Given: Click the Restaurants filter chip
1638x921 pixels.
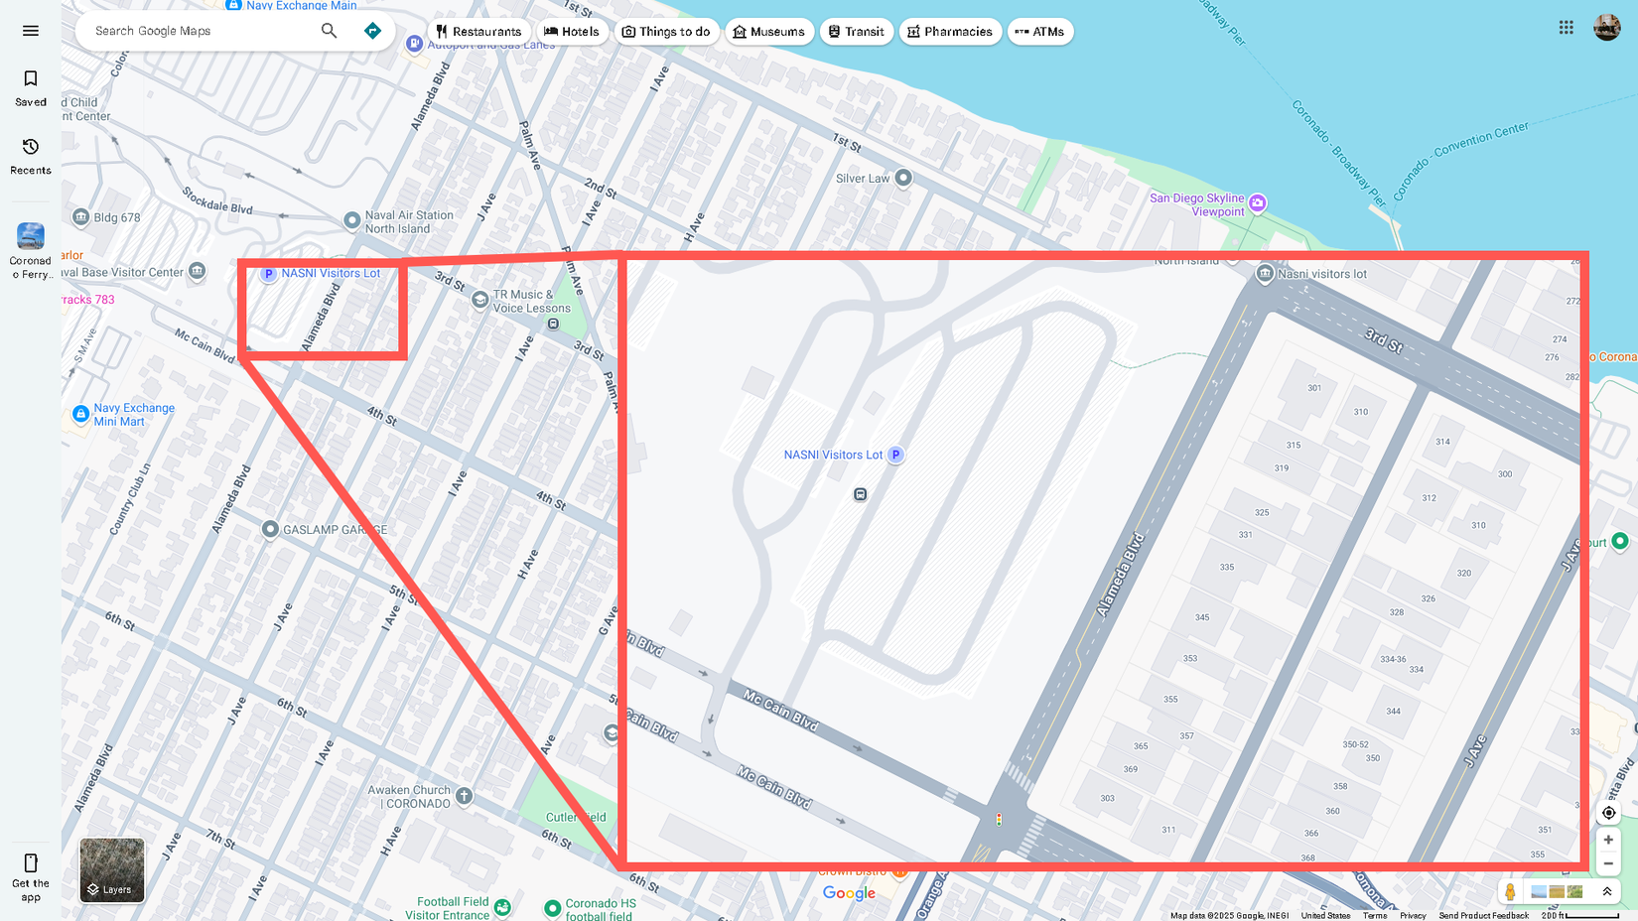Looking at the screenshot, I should tap(478, 32).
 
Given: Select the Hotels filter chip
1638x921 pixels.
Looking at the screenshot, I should tap(572, 32).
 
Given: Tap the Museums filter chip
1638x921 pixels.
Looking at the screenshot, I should tap(768, 32).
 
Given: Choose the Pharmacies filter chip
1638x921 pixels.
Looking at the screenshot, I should tap(949, 32).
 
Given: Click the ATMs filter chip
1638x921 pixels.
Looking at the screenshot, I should tap(1039, 32).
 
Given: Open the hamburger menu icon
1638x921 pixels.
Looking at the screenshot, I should tap(31, 31).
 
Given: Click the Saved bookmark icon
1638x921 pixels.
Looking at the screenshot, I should tap(31, 79).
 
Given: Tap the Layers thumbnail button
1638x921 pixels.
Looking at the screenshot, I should tap(112, 870).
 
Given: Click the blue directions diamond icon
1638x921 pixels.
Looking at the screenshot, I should tap(372, 31).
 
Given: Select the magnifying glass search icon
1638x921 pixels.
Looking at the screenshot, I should tap(329, 31).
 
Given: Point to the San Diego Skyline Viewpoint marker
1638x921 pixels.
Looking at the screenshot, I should tap(1257, 203).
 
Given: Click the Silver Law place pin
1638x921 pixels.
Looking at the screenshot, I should tap(902, 179).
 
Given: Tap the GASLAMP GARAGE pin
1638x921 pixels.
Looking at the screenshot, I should tap(270, 529).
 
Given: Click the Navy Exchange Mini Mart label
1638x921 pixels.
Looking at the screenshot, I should tap(133, 415).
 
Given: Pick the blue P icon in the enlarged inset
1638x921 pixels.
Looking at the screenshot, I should tap(895, 455).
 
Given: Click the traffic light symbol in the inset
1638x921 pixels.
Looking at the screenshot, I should tap(999, 820).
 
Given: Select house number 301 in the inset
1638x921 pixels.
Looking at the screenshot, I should tap(1314, 388).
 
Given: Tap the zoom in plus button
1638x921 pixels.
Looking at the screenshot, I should tap(1608, 840).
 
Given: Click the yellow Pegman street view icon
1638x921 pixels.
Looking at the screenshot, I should tap(1510, 891).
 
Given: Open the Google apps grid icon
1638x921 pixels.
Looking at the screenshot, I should tap(1566, 28).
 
